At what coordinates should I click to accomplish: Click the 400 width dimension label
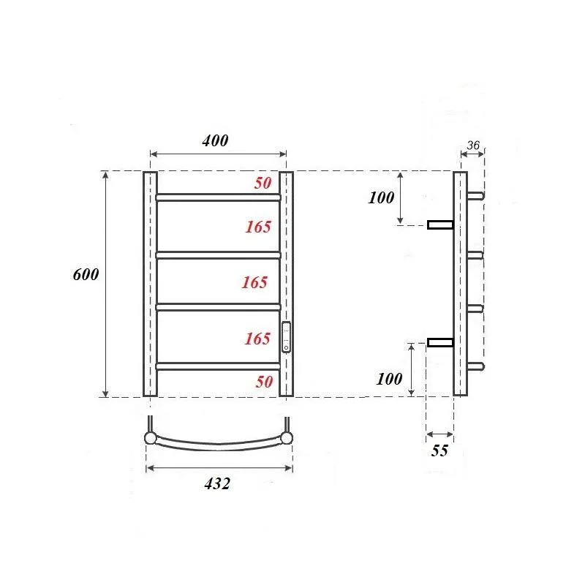click(x=216, y=140)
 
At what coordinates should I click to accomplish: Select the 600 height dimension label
click(x=86, y=274)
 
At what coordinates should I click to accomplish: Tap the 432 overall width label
click(x=216, y=483)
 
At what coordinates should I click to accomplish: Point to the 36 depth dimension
click(x=472, y=146)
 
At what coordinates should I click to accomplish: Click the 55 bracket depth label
click(x=439, y=451)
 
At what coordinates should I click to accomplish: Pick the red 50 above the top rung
click(x=263, y=184)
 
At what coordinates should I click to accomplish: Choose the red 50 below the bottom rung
click(x=264, y=381)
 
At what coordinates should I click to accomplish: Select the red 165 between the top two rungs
click(x=258, y=227)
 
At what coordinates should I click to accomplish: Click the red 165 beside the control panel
click(x=258, y=339)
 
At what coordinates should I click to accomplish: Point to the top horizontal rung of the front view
click(x=218, y=197)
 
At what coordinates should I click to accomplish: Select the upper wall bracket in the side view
click(x=440, y=224)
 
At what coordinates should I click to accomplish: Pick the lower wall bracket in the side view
click(x=440, y=342)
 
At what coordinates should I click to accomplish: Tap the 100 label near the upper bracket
click(x=382, y=197)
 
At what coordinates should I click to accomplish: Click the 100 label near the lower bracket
click(x=390, y=379)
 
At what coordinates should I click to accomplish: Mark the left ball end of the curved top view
click(x=150, y=438)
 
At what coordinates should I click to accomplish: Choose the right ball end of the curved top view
click(x=287, y=438)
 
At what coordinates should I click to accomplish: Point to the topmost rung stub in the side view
click(x=475, y=196)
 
